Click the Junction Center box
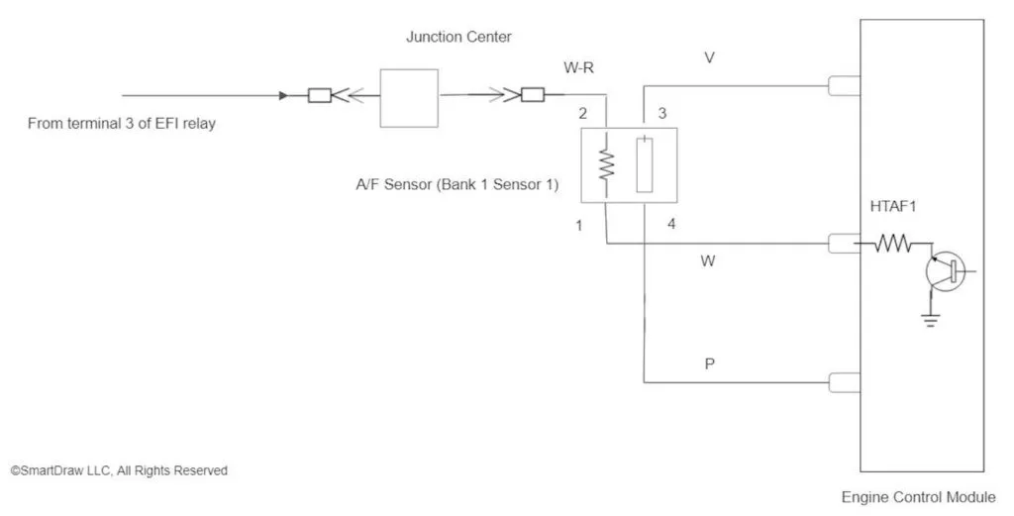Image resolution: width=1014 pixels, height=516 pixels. pos(409,97)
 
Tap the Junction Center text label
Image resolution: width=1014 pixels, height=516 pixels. pos(458,38)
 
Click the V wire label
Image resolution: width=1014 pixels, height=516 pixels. pos(709,57)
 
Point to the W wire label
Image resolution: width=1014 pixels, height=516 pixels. pos(708,261)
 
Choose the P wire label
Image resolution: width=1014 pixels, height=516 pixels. pos(709,363)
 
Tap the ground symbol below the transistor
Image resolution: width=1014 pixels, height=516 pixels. pos(929,320)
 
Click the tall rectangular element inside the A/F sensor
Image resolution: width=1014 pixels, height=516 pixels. pos(645,164)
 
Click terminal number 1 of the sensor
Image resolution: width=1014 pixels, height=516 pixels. pos(579,225)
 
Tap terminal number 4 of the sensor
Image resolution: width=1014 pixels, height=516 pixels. pos(671,225)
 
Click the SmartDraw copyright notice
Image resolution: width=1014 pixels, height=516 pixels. pos(119,471)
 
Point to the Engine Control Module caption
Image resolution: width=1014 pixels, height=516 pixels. pos(918,497)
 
